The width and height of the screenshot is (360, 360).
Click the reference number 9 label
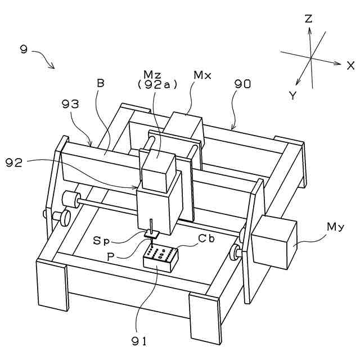24,49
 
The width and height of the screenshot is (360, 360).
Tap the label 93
70,104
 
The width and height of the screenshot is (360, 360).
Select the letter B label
101,83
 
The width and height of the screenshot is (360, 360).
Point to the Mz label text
152,75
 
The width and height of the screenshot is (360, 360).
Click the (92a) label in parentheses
157,85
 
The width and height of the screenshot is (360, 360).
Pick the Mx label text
202,75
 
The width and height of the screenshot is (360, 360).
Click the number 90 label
242,84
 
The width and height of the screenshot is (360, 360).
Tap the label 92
14,163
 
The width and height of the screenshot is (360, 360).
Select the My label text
335,227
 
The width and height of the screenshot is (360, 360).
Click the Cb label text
206,238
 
